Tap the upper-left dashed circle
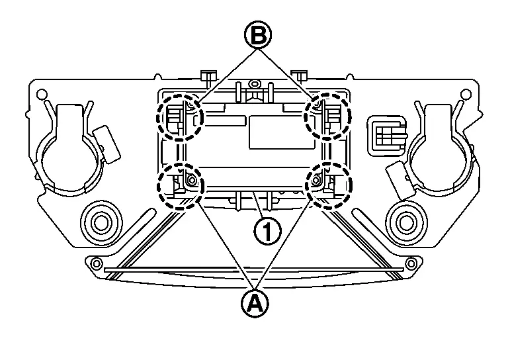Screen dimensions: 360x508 tap(179, 116)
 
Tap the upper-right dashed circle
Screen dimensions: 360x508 tap(327, 116)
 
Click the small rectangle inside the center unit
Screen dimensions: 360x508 tap(267, 130)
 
